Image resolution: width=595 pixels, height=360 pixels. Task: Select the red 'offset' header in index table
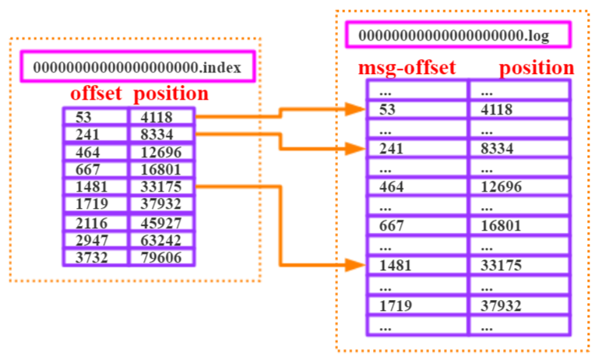point(96,94)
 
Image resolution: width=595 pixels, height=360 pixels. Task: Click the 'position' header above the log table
point(537,68)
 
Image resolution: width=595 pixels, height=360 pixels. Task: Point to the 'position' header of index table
point(171,94)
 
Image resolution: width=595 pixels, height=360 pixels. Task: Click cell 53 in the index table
point(95,117)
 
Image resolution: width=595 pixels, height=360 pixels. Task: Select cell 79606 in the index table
point(161,257)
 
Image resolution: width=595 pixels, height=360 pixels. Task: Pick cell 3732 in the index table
point(95,257)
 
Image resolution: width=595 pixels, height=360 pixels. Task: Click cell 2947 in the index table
point(95,241)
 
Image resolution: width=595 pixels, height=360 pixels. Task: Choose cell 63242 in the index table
point(161,241)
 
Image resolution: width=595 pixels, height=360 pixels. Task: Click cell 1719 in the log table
point(417,305)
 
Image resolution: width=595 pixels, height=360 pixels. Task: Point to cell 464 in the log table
point(417,186)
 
